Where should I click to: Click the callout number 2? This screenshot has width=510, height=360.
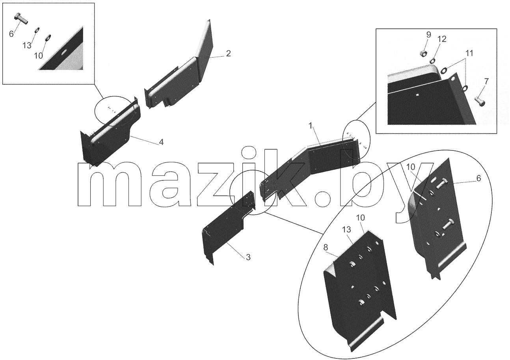tap(228, 54)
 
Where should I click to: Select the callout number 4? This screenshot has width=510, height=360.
tap(161, 142)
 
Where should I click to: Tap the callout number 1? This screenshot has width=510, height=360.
tap(310, 125)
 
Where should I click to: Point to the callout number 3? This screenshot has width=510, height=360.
tap(248, 257)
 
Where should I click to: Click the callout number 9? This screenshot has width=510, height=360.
tap(428, 35)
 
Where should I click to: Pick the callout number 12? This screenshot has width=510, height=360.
tap(441, 39)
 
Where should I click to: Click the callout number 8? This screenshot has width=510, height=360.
tap(326, 248)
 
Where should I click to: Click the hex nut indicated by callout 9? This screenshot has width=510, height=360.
tap(423, 54)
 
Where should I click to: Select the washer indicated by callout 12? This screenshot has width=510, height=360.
tap(432, 61)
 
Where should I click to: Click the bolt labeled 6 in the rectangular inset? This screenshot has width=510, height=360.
tap(21, 19)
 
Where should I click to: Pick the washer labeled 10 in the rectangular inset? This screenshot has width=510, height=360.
tap(48, 37)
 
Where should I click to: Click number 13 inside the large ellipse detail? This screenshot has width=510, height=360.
tap(346, 230)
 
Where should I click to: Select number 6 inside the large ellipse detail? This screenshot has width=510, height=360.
tap(478, 178)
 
